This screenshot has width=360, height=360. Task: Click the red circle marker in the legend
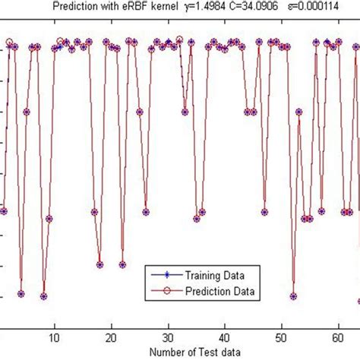coord(167,291)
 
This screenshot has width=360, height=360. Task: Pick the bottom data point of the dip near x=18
coord(99,265)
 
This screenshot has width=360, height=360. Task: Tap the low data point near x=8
coord(43,296)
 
